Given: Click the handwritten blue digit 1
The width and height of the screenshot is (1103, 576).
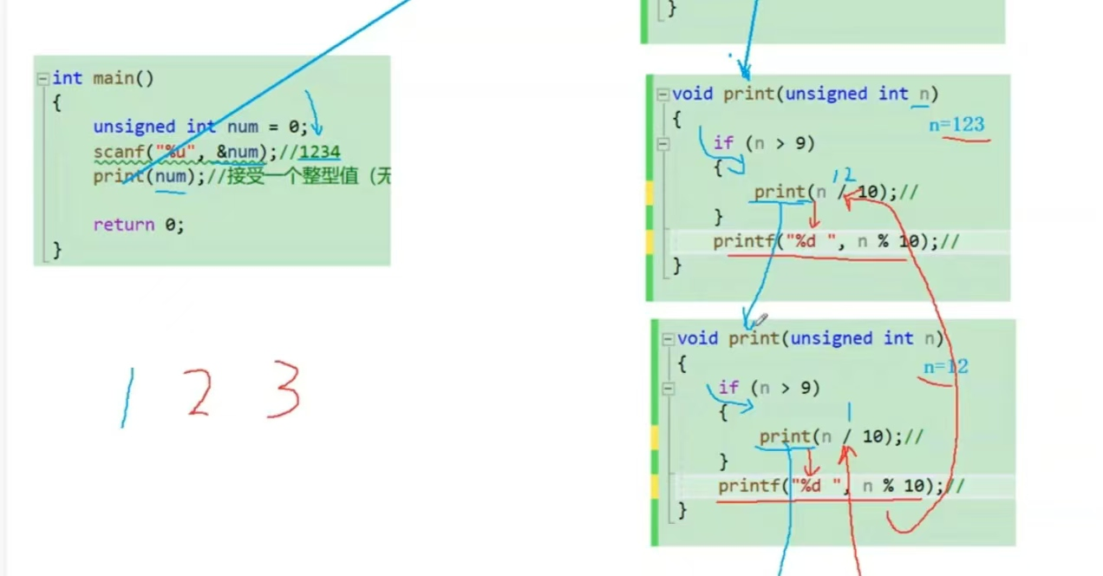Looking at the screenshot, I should [x=127, y=398].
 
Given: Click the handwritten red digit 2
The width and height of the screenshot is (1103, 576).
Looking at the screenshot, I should [x=199, y=391].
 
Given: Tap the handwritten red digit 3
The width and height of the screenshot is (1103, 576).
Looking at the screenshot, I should [x=284, y=389].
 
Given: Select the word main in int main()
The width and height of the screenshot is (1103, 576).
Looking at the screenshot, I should [x=114, y=78].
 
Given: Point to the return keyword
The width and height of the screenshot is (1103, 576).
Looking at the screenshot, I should [x=123, y=225].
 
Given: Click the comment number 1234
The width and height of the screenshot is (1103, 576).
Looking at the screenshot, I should [x=320, y=153].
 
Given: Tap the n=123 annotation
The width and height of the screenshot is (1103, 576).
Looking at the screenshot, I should [x=956, y=125].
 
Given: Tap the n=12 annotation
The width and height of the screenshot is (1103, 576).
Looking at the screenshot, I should [x=945, y=367].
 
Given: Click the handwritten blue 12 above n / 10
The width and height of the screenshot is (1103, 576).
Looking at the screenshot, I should [x=844, y=176].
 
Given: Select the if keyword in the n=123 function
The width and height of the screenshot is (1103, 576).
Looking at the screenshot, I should [x=723, y=143].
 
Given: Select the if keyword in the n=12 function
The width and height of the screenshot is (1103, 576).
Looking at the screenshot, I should [x=728, y=388].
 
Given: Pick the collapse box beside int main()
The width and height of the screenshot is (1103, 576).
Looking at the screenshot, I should [x=42, y=79].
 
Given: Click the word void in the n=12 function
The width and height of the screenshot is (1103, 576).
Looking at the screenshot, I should [x=698, y=338].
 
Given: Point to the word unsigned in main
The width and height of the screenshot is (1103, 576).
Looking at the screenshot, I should [x=134, y=127].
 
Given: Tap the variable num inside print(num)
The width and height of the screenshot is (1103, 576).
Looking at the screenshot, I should [x=171, y=177].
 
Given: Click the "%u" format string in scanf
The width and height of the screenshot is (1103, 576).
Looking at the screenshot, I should [x=176, y=153].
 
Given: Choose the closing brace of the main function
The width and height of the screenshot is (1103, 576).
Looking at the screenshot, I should [x=57, y=250].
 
